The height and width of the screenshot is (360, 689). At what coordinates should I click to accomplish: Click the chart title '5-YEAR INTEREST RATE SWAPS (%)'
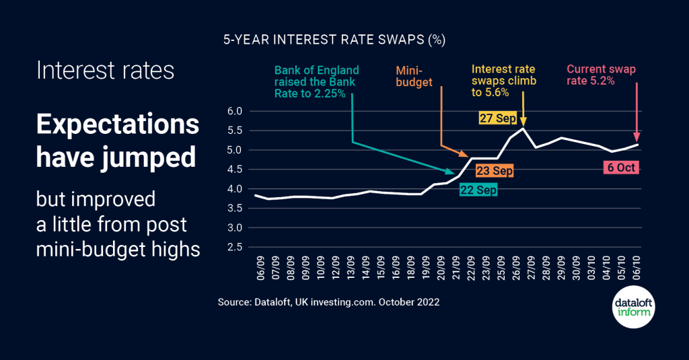tap(334, 40)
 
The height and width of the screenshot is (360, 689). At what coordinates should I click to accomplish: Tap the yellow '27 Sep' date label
tap(497, 118)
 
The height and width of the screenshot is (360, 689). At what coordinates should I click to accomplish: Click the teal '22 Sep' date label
tap(478, 190)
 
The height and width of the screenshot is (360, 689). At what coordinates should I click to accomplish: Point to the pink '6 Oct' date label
tap(619, 168)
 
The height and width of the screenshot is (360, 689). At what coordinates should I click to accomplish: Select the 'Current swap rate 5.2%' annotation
tap(601, 75)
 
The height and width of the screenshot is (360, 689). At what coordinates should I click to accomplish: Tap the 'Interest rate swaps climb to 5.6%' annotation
tap(504, 81)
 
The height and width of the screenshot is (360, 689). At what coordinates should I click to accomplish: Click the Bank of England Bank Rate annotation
tap(316, 81)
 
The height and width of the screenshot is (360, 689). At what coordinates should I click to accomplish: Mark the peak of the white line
tap(523, 129)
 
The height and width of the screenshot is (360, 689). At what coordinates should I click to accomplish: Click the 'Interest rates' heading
tap(105, 71)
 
